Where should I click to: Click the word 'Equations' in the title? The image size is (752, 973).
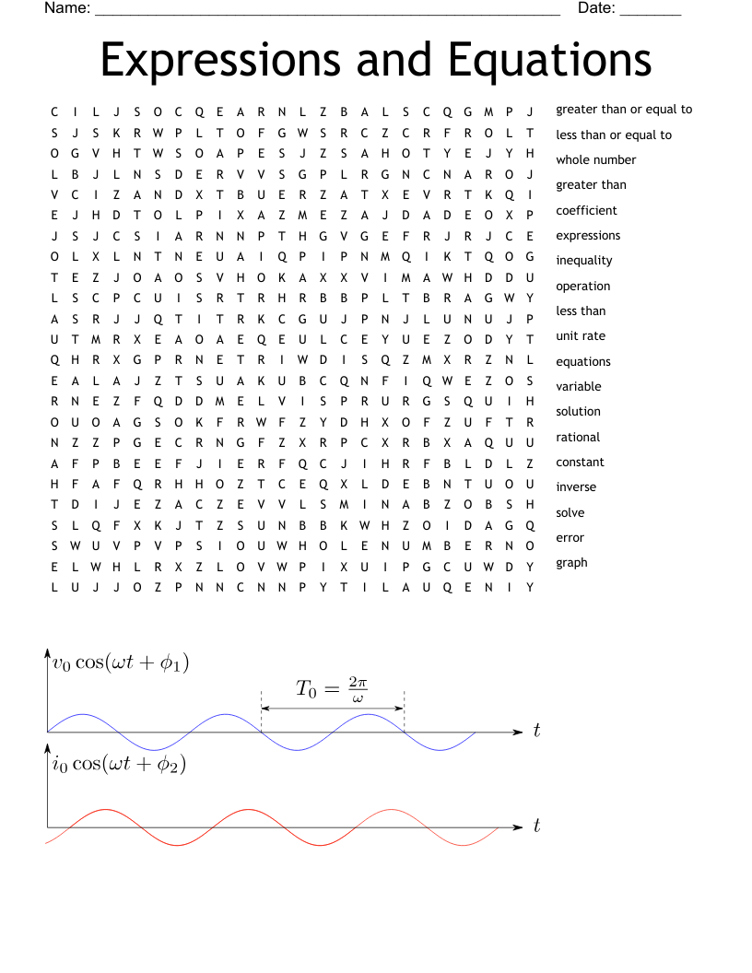pos(550,59)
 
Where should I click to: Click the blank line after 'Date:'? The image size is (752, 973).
pos(650,11)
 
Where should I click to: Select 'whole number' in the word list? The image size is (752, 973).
pos(595,159)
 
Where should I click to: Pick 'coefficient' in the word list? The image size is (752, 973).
pos(586,210)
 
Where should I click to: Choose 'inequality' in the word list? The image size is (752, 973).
pos(583,260)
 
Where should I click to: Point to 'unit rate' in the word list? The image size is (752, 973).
pos(581,335)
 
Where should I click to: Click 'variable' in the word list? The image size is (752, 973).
pos(578,386)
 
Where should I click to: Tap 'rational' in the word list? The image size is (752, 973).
pos(578,437)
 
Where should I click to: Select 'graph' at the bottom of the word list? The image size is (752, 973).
pos(571,562)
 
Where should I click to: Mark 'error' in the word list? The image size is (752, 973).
pos(570,537)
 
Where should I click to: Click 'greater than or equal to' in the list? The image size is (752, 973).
pos(624,109)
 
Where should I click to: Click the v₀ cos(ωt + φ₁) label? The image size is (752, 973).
pos(121,662)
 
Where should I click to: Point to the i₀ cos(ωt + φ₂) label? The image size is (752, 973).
pos(119,764)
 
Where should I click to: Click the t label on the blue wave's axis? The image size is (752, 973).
pos(536,732)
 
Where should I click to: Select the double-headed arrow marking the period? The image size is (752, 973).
pos(333,709)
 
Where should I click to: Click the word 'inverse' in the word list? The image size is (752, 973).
pos(576,486)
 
